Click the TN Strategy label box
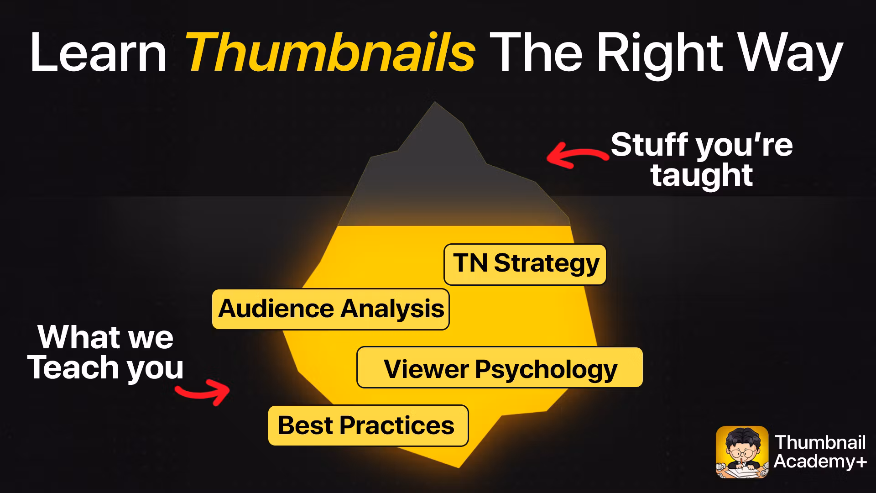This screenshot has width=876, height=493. [x=525, y=264]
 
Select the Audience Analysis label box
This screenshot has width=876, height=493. [x=330, y=309]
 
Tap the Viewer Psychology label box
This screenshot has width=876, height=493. [x=500, y=368]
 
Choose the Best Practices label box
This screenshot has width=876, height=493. [x=368, y=425]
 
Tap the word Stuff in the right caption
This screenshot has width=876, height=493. [x=650, y=145]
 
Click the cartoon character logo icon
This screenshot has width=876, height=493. [x=742, y=452]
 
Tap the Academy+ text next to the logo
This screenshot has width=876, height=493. [x=820, y=462]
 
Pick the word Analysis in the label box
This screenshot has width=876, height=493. [x=392, y=309]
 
